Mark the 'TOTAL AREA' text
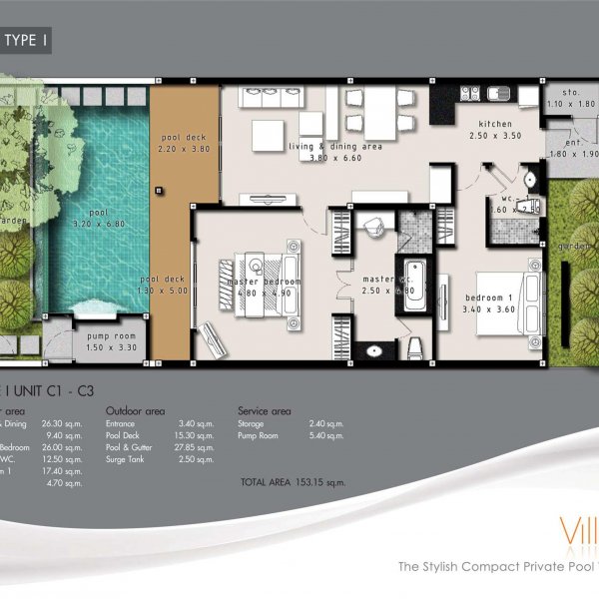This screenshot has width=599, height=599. pos(261,482)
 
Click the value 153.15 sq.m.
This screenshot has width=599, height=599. pos(319,482)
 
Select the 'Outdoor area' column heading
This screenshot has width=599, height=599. pos(136,409)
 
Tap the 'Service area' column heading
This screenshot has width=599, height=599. pos(265,409)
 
